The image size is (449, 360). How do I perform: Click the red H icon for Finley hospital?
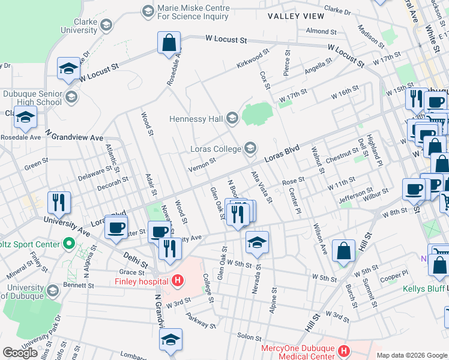(x=177, y=280)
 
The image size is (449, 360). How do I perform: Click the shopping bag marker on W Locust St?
(x=169, y=43)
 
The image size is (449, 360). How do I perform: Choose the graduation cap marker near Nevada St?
(x=256, y=242)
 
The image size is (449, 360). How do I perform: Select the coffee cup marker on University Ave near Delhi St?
(x=116, y=227)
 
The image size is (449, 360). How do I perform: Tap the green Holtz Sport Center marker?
(x=69, y=244)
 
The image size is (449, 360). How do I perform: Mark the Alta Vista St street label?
(x=262, y=187)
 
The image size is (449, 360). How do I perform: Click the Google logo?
(x=20, y=353)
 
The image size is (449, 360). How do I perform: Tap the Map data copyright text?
(x=412, y=355)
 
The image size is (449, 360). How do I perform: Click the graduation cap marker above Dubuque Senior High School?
(x=69, y=69)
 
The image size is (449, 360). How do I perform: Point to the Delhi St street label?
(x=136, y=262)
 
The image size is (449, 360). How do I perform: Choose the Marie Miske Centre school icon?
(x=148, y=11)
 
